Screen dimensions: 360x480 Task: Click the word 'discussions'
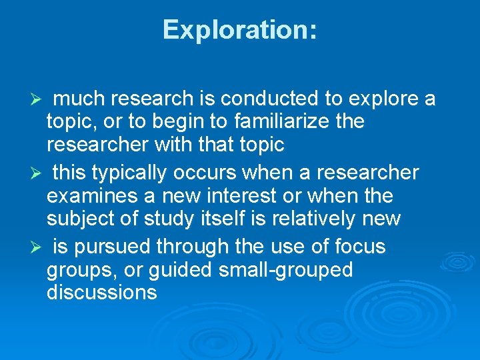tap(102, 292)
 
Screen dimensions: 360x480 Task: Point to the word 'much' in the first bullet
tap(79, 99)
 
